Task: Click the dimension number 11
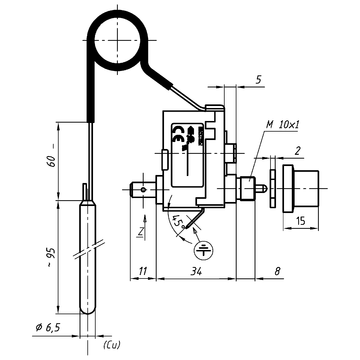point(144,270)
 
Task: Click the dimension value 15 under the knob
point(301,222)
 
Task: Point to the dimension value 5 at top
point(230,77)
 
